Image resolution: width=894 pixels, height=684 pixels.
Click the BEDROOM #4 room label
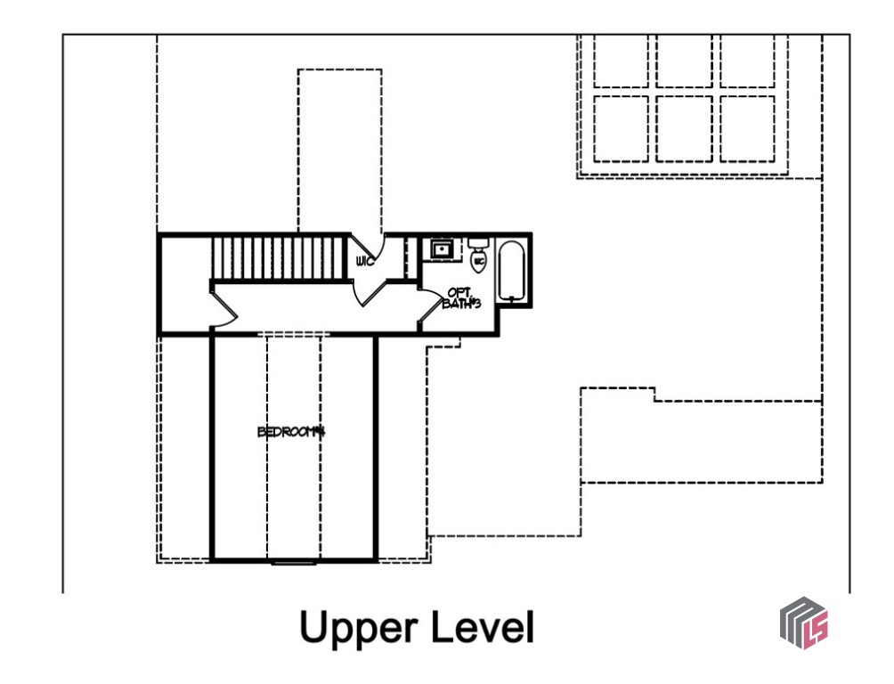click(x=289, y=433)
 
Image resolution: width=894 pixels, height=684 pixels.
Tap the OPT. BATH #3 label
click(x=460, y=297)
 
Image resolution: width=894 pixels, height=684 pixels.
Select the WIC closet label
click(x=363, y=262)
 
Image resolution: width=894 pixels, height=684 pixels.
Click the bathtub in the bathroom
click(x=510, y=271)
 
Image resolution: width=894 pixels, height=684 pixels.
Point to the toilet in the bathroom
click(x=478, y=260)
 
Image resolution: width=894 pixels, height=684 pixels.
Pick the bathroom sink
click(x=441, y=249)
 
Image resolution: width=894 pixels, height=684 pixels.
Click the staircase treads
click(x=277, y=257)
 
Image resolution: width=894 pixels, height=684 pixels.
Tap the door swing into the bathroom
click(x=431, y=297)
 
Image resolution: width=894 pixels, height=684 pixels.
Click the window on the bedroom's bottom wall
click(x=293, y=561)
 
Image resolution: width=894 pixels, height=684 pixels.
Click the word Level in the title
click(x=482, y=628)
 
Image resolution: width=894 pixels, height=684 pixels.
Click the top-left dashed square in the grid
click(x=621, y=61)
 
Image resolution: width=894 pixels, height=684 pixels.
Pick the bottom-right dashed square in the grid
click(x=747, y=129)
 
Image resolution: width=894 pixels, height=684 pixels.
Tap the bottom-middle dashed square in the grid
click(x=684, y=129)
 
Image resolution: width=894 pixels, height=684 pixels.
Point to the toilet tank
click(x=478, y=242)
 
